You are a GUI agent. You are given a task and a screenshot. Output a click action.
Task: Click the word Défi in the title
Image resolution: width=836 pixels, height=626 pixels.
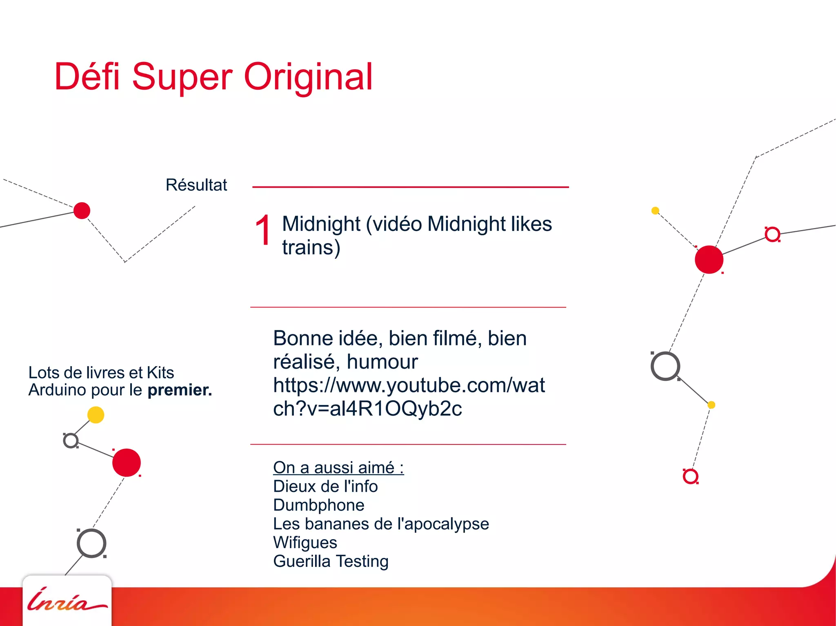click(x=87, y=77)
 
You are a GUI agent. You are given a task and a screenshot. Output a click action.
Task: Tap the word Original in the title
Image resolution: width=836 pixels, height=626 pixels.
click(x=308, y=77)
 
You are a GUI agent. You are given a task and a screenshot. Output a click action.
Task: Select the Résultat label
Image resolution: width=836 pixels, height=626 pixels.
click(x=196, y=185)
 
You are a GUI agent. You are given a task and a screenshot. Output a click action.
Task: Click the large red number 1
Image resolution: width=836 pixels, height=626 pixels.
click(x=263, y=231)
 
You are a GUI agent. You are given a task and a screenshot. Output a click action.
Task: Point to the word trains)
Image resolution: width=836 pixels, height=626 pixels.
click(x=311, y=248)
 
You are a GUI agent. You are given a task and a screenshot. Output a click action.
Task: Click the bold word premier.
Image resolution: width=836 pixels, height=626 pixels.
click(x=180, y=390)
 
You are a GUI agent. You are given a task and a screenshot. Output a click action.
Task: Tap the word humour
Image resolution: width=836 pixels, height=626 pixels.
click(x=382, y=362)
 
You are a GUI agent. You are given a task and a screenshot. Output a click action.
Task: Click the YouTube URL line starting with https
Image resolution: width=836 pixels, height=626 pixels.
click(x=409, y=385)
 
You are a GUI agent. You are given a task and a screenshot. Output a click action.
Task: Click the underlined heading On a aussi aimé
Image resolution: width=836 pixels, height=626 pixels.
click(x=338, y=468)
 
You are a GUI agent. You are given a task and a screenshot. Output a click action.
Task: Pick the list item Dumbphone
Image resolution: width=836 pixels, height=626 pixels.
click(x=318, y=505)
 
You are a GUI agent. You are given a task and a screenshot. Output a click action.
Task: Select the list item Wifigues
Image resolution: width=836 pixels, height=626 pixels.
click(x=305, y=543)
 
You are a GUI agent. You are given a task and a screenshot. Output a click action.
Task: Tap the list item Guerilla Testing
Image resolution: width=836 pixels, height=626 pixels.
click(x=331, y=562)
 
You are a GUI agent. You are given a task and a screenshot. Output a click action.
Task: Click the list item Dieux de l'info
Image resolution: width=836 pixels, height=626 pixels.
click(x=325, y=487)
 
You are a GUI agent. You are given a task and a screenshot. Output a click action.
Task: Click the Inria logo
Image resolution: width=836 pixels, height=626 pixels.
click(x=67, y=600)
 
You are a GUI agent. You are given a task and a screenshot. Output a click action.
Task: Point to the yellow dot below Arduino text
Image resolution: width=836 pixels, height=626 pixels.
click(x=96, y=415)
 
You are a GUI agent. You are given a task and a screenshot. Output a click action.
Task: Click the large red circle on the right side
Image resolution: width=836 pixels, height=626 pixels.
click(x=709, y=260)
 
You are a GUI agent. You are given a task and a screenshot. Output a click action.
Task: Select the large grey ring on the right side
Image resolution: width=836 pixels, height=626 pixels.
click(x=665, y=366)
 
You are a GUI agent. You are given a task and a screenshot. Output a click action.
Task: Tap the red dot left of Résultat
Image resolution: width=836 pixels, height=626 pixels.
click(x=82, y=210)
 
